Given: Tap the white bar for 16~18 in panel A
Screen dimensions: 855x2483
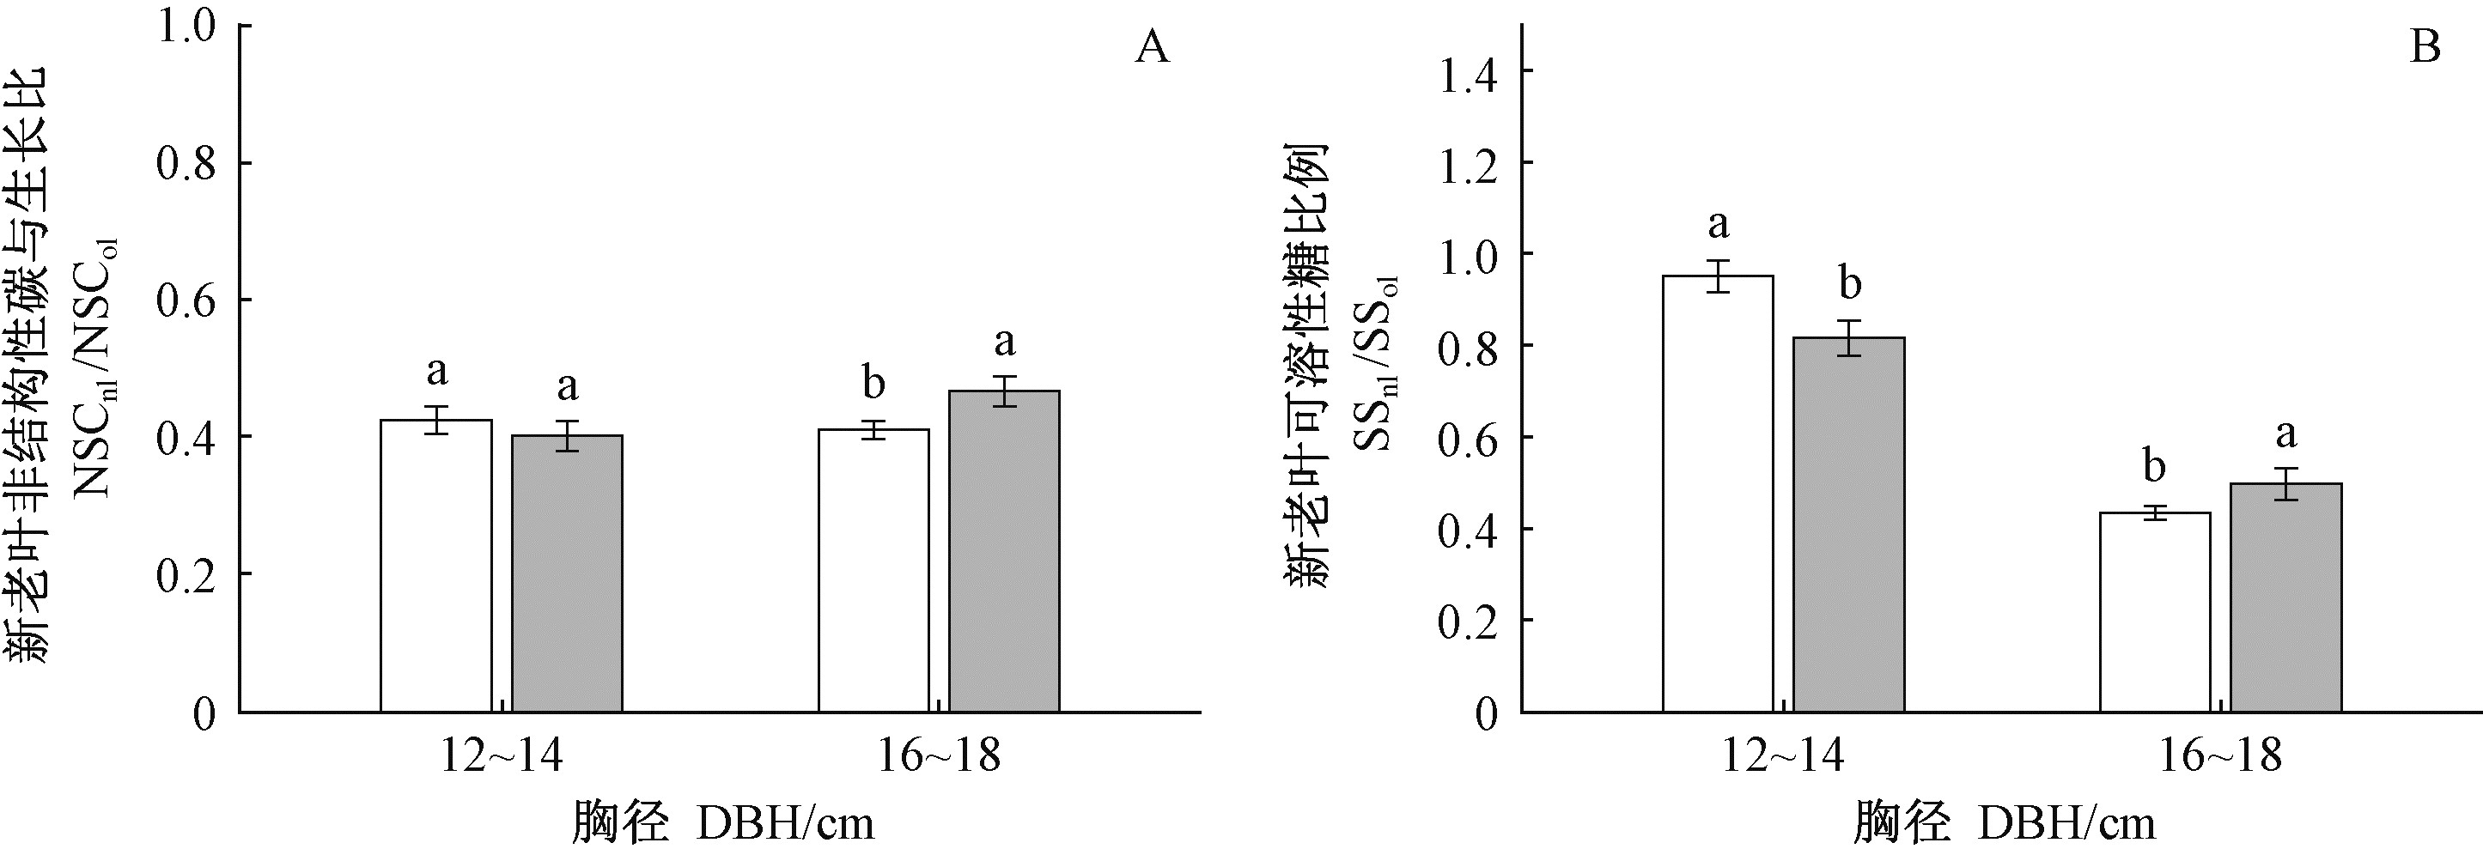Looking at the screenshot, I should coord(873,571).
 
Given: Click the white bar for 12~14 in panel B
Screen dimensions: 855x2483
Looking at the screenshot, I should coord(1718,494).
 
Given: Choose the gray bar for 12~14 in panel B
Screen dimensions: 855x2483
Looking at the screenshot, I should coord(1849,525).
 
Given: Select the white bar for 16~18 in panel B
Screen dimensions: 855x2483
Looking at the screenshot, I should coord(2154,612).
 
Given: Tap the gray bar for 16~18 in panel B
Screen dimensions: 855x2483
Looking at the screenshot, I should coord(2285,597).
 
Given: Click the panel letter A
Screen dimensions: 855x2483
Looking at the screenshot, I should coord(1152,47).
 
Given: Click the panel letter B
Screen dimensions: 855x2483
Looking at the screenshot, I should coord(2425,47).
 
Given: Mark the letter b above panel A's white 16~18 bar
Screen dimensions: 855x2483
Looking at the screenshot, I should coord(873,384).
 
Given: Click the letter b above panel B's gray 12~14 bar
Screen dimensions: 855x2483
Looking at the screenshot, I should coord(1850,283).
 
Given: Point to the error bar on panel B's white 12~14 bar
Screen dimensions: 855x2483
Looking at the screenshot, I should coord(1718,276).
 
